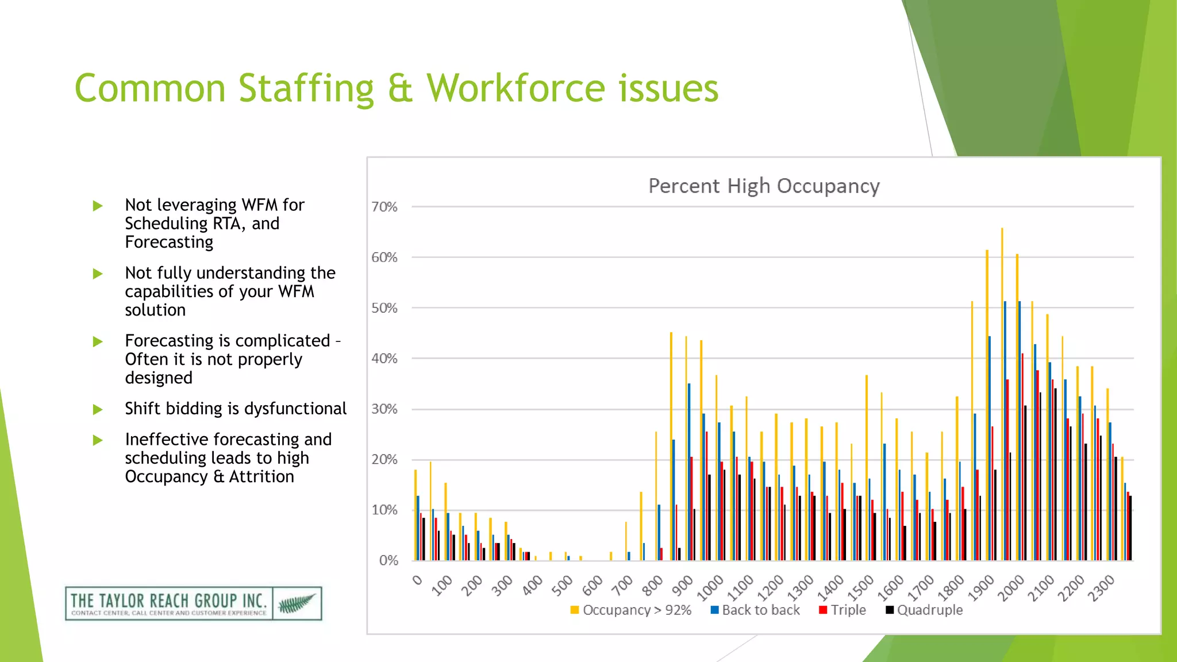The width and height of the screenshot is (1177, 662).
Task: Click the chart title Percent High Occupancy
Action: tap(764, 186)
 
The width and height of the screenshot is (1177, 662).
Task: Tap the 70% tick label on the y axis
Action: tap(384, 207)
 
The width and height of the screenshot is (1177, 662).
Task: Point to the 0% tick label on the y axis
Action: tap(388, 561)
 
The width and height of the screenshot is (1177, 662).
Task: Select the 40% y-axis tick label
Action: tap(384, 359)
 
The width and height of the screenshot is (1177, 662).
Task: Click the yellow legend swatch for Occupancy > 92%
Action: tap(574, 610)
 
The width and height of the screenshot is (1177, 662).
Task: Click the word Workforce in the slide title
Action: tap(516, 88)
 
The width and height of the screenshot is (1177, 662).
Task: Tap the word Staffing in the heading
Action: tap(306, 90)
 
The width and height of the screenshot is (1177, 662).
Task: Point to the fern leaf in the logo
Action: tap(297, 603)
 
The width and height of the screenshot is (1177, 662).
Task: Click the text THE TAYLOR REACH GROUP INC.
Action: tap(168, 601)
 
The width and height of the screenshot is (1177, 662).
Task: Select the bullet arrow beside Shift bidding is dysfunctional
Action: tap(98, 409)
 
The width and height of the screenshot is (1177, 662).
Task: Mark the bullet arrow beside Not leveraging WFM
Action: tap(98, 206)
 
